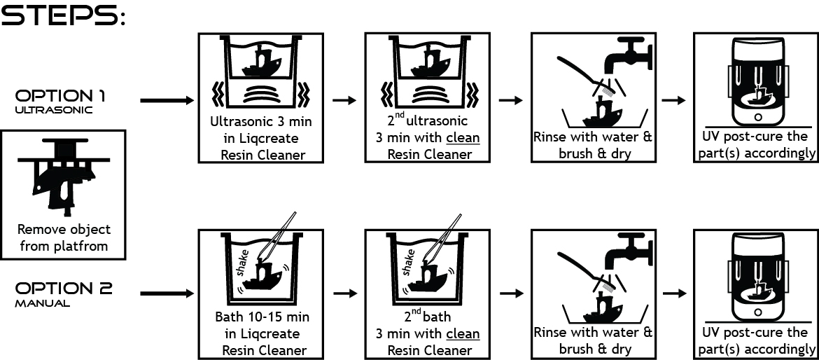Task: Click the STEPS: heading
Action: click(x=63, y=15)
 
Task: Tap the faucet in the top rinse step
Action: click(x=629, y=55)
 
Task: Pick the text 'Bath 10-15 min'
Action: click(x=262, y=317)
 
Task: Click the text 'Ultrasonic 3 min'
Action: click(x=261, y=122)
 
